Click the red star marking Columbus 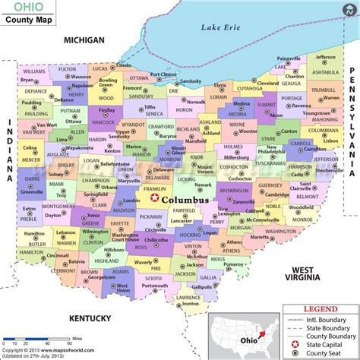[x=156, y=198]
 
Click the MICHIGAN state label [x=84, y=39]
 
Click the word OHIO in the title [x=24, y=8]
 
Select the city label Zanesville [x=244, y=203]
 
